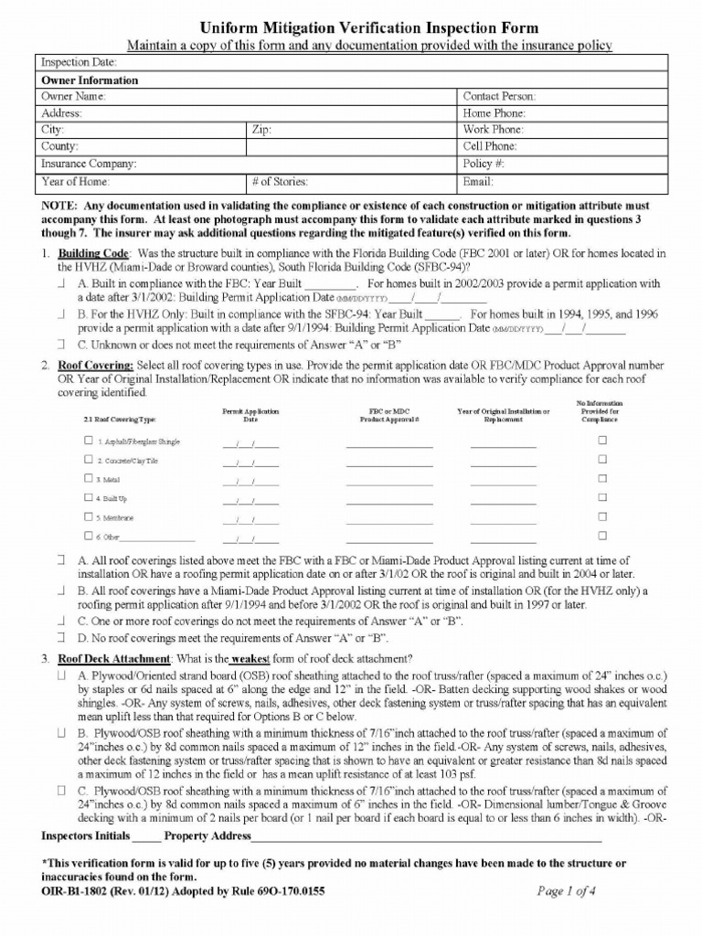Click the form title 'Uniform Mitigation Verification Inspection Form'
350,28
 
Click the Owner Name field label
74,95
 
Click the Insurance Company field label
89,164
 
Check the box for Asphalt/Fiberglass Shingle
88,441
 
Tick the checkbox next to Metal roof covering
88,479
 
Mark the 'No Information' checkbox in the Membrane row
601,516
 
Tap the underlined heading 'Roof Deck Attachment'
114,659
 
